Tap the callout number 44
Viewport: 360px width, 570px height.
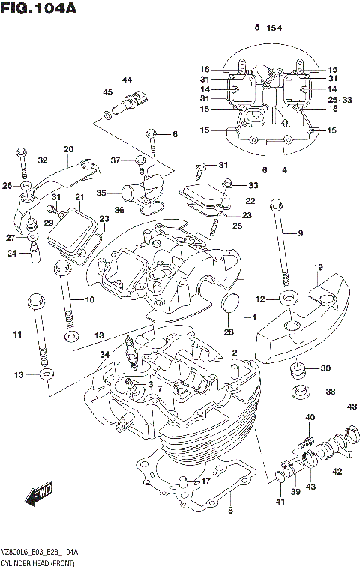[127, 80]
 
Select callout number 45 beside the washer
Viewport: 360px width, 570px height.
[108, 92]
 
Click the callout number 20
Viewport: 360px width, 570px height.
[68, 148]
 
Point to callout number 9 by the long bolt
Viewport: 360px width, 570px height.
[300, 233]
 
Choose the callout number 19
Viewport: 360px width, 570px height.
[318, 267]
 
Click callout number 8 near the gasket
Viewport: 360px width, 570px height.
[230, 511]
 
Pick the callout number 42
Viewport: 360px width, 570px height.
[337, 472]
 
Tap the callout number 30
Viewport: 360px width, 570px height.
[325, 367]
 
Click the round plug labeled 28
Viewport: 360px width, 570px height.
[231, 305]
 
